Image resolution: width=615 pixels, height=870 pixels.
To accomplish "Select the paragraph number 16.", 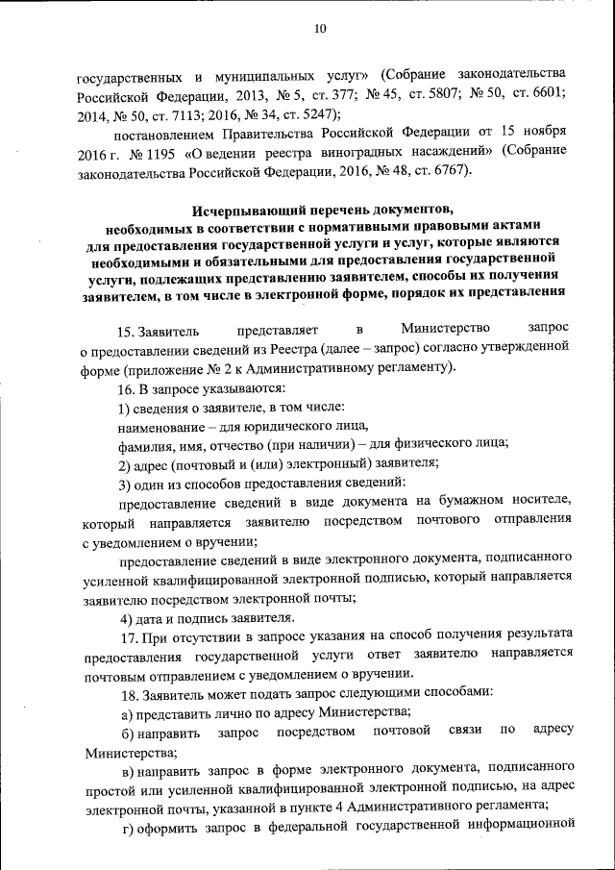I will coord(128,388).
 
